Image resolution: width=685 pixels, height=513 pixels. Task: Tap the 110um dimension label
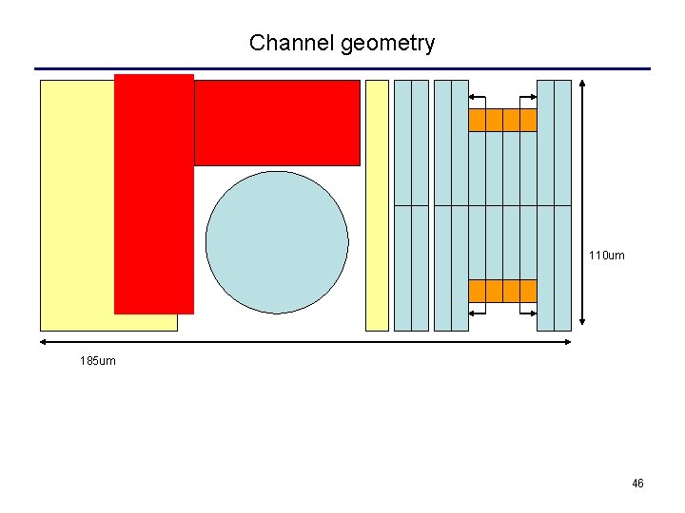click(x=606, y=256)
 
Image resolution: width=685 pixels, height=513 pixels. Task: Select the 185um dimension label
click(x=98, y=361)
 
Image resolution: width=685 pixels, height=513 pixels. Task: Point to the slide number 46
click(x=637, y=484)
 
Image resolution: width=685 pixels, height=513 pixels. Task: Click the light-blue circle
click(x=277, y=242)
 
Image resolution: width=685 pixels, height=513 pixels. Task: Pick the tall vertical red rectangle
click(x=153, y=194)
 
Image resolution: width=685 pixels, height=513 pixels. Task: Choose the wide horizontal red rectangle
click(x=277, y=123)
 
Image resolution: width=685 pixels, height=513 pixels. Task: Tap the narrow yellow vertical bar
click(x=377, y=205)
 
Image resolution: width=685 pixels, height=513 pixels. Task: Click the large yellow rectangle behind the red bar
click(x=76, y=205)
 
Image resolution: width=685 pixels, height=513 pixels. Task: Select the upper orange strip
click(x=502, y=120)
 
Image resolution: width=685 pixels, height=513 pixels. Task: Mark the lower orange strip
click(x=502, y=291)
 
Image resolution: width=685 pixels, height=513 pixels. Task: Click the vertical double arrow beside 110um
click(x=582, y=205)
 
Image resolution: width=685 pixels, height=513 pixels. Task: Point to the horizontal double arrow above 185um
click(x=305, y=342)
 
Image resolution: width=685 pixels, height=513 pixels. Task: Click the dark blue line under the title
click(x=342, y=68)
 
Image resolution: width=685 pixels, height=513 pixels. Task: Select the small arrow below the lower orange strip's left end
click(x=478, y=313)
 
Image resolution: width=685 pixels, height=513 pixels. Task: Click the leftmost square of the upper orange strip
click(x=477, y=120)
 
